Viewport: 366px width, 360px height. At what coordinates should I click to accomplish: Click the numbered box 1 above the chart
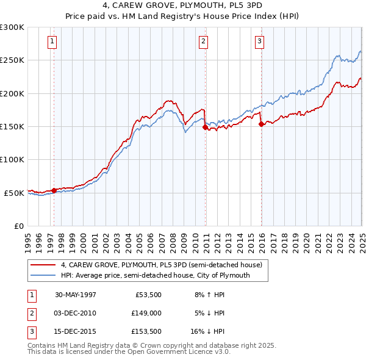click(x=52, y=41)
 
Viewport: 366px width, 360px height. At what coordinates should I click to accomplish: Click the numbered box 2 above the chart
click(x=203, y=41)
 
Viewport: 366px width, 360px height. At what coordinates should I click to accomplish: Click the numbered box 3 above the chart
click(x=259, y=41)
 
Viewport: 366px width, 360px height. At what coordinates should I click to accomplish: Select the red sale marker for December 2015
click(x=261, y=124)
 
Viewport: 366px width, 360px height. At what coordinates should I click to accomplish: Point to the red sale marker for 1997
click(x=54, y=190)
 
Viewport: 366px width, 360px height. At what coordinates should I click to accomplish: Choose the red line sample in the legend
click(x=43, y=265)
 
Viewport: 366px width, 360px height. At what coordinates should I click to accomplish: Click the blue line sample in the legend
click(x=43, y=275)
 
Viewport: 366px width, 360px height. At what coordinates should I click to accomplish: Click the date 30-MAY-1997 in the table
click(x=76, y=295)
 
